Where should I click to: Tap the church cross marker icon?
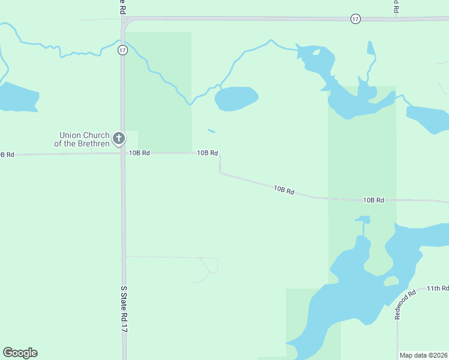pos(119,139)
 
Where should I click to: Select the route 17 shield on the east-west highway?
pos(355,19)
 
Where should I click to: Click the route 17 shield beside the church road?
pos(122,50)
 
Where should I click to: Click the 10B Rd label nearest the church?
pos(139,153)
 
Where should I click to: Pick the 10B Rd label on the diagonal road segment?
pos(284,190)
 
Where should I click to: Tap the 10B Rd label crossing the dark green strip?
pos(373,200)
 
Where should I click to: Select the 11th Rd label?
pos(437,289)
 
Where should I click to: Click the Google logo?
pos(20,353)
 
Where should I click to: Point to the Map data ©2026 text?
pos(423,355)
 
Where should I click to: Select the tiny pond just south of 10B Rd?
pos(363,219)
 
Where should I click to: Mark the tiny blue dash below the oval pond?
pos(211,131)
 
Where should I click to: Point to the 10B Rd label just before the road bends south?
pos(207,153)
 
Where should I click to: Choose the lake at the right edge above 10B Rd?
pos(429,118)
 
